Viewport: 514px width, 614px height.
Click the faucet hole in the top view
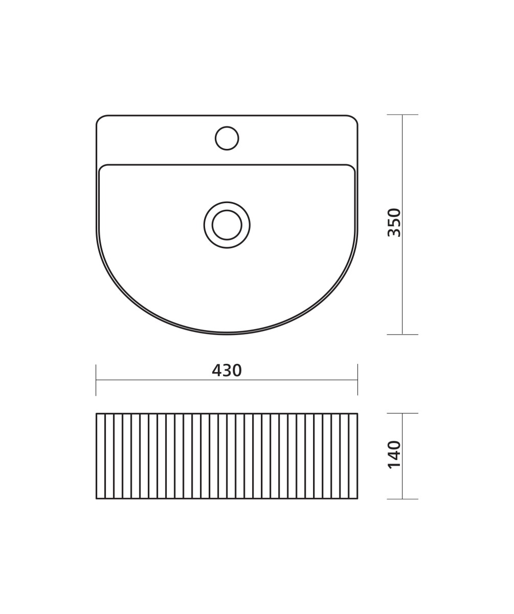click(x=227, y=138)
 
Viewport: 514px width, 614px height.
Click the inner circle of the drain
click(x=227, y=225)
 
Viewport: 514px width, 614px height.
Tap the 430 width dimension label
click(x=227, y=370)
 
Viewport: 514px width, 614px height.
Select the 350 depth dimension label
click(x=394, y=222)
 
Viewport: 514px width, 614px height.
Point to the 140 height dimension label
click(x=394, y=454)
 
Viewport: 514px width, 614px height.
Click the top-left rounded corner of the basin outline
click(x=100, y=119)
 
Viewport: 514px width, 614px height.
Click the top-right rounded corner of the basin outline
click(x=354, y=119)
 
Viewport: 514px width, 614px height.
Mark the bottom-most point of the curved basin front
click(x=227, y=334)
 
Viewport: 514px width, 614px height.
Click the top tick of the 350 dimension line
click(x=403, y=115)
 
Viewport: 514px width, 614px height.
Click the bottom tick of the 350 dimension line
click(x=403, y=335)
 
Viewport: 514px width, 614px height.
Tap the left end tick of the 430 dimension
click(x=96, y=380)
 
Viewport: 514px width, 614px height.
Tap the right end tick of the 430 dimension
click(x=357, y=380)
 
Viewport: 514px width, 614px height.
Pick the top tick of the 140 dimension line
click(x=403, y=413)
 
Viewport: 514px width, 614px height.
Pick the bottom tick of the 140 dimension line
click(x=403, y=499)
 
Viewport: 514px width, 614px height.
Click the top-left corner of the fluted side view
click(x=97, y=414)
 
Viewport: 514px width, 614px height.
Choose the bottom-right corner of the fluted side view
click(x=357, y=498)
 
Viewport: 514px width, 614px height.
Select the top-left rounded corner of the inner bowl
click(x=102, y=167)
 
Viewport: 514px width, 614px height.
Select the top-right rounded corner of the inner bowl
click(x=352, y=167)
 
